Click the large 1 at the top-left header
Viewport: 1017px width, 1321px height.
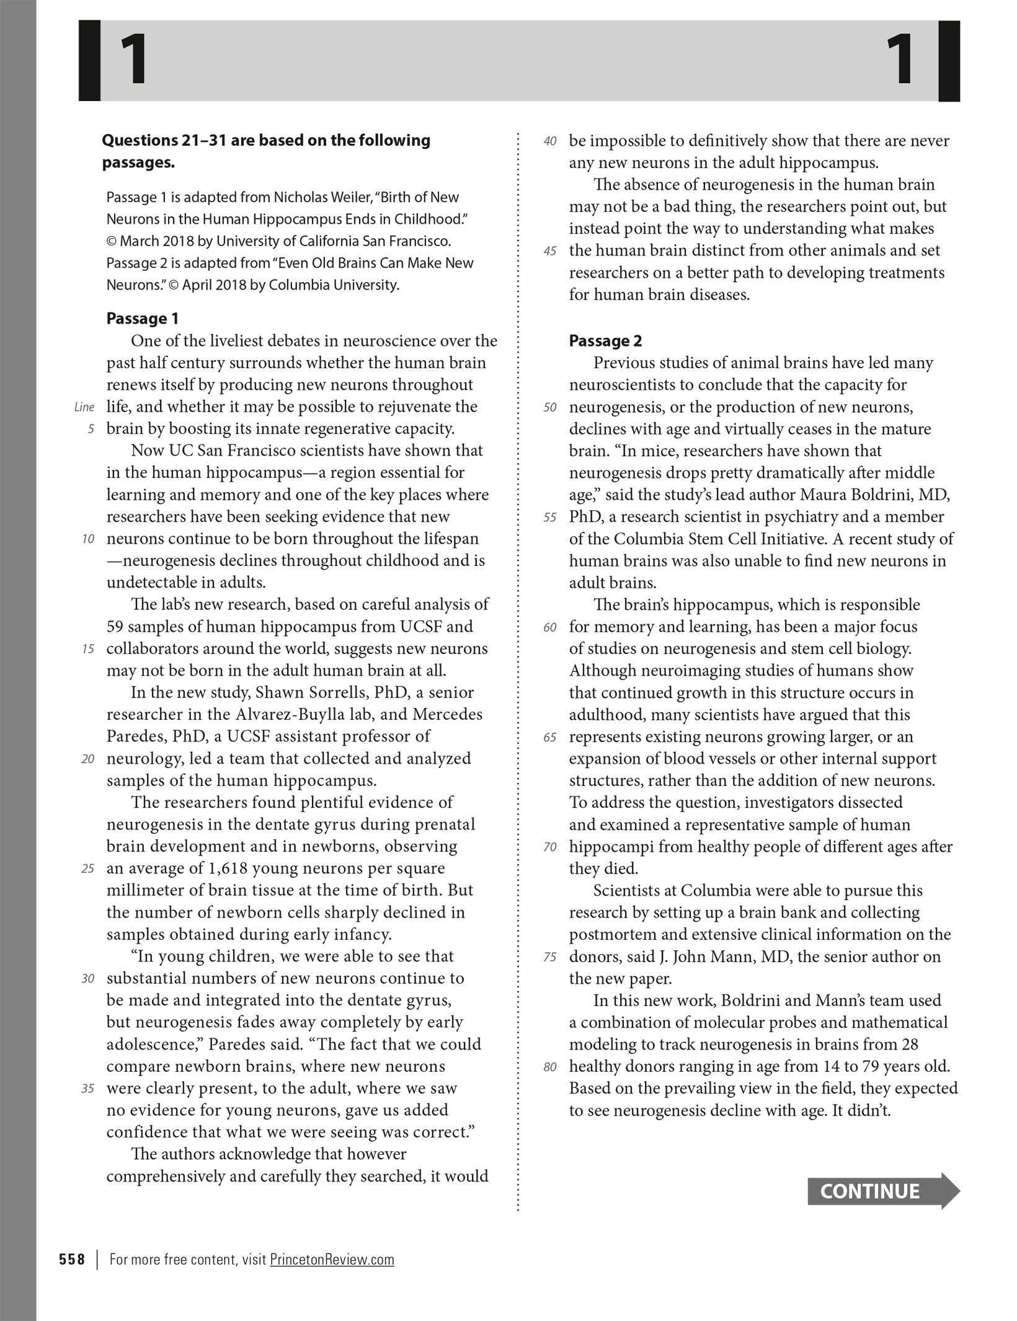(x=134, y=60)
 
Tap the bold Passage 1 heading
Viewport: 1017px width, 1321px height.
(x=143, y=319)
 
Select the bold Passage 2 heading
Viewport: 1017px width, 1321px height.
(x=605, y=341)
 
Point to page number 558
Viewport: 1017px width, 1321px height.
(x=72, y=1259)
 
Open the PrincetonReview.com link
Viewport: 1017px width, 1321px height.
(x=332, y=1259)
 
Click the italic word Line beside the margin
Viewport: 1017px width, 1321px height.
(x=84, y=407)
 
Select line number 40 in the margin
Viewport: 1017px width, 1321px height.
(x=550, y=141)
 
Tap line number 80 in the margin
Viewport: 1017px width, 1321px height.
(x=550, y=1067)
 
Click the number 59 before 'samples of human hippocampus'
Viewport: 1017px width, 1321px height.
(x=115, y=627)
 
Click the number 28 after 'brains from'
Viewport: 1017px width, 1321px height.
(x=910, y=1045)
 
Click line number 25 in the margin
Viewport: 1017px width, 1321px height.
(x=88, y=868)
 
